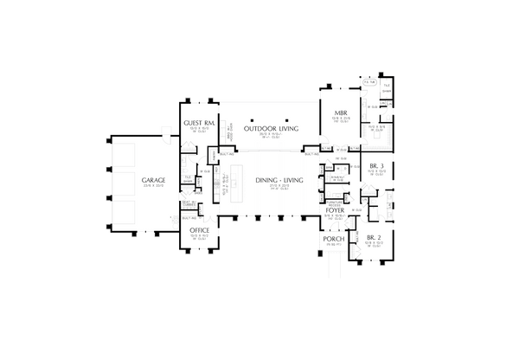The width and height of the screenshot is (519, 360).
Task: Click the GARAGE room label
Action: (x=148, y=180)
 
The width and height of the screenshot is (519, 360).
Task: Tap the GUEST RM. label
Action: (x=199, y=123)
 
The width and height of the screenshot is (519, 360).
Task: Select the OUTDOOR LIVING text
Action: (x=271, y=128)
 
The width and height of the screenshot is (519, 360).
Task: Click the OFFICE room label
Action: (x=200, y=229)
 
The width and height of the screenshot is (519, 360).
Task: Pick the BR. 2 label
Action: (x=374, y=236)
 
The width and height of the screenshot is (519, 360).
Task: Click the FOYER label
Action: (x=336, y=210)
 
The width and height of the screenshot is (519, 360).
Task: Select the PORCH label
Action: (x=333, y=238)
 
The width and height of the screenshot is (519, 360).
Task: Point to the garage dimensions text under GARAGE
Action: (x=148, y=186)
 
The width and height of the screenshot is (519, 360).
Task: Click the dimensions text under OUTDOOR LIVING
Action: (x=271, y=135)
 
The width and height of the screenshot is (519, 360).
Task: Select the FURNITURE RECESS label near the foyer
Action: (x=335, y=196)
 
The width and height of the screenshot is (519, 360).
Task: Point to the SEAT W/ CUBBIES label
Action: (x=187, y=205)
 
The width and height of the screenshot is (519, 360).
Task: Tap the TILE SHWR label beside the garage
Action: (x=187, y=179)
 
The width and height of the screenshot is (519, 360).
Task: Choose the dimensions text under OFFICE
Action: (x=200, y=236)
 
